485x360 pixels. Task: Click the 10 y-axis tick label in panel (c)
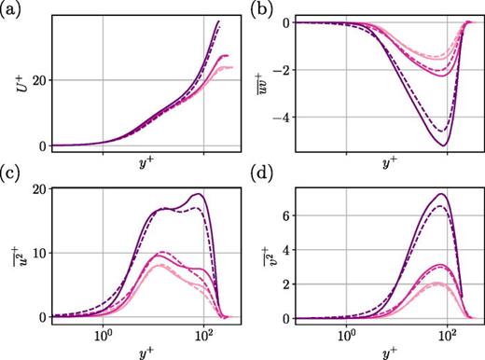pyautogui.click(x=38, y=253)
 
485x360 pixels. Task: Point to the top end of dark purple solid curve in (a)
pyautogui.click(x=219, y=20)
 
